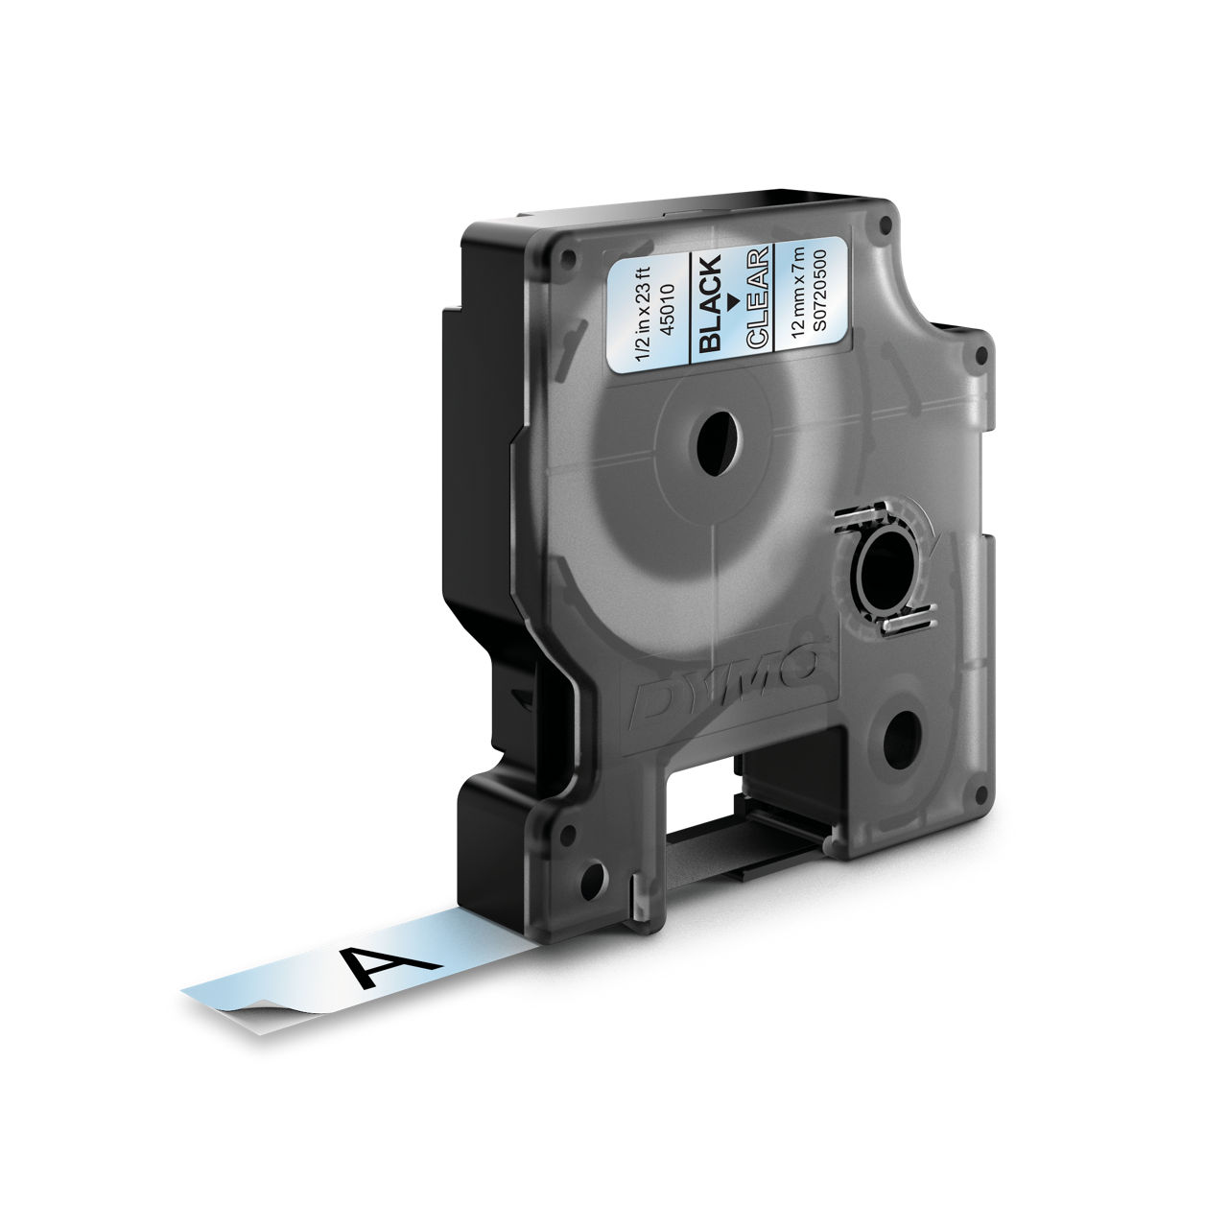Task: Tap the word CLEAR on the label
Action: coord(758,297)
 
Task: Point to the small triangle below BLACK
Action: coord(734,301)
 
